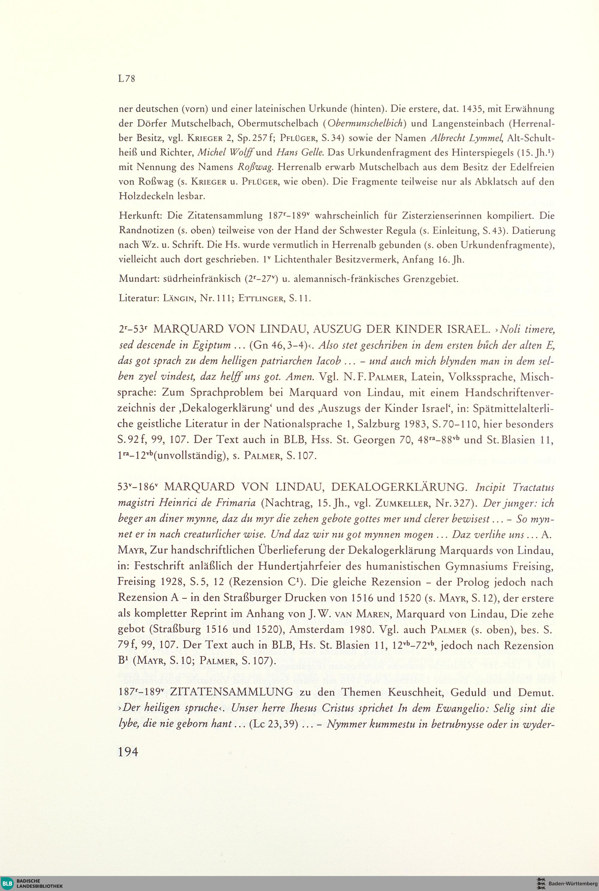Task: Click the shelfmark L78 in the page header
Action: click(127, 79)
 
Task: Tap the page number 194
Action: click(128, 752)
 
